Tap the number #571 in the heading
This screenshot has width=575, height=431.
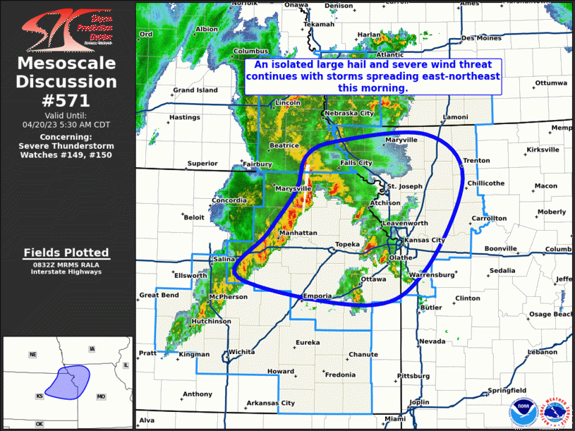pyautogui.click(x=68, y=100)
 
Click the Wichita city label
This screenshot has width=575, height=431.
pyautogui.click(x=241, y=351)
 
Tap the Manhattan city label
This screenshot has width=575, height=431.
pyautogui.click(x=298, y=232)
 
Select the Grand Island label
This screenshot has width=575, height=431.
pyautogui.click(x=195, y=90)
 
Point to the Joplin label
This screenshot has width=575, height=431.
pyautogui.click(x=419, y=402)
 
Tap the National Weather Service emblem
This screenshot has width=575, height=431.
pyautogui.click(x=555, y=413)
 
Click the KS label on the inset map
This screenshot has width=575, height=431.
pyautogui.click(x=40, y=397)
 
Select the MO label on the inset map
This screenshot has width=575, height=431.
pyautogui.click(x=101, y=397)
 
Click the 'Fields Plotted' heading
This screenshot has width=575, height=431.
pyautogui.click(x=66, y=253)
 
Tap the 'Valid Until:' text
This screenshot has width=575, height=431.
pyautogui.click(x=67, y=115)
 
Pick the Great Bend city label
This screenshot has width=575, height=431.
pyautogui.click(x=159, y=296)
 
